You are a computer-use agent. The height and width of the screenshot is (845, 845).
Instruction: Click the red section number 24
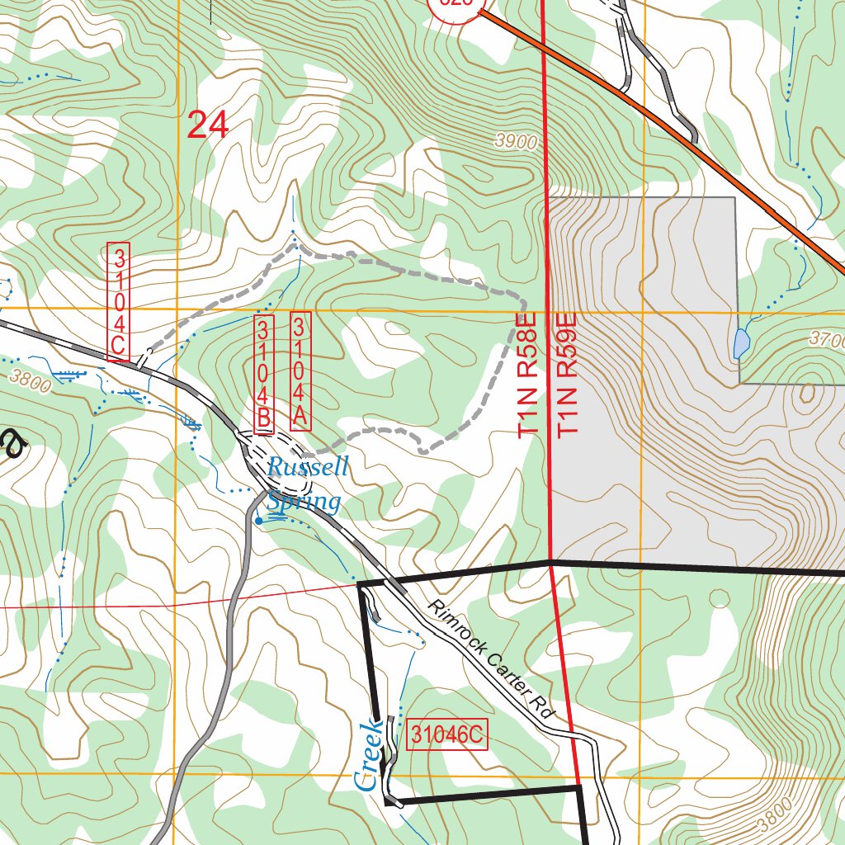coord(207,125)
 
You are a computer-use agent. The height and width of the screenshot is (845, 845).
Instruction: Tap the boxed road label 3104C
coord(119,302)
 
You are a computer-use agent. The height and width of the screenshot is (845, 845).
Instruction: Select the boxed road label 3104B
coord(263,375)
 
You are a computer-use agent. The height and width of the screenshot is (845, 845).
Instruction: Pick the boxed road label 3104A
coord(299,371)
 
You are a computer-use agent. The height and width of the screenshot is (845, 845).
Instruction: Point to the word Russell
coord(308,468)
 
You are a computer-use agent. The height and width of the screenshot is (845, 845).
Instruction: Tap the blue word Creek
coord(368,755)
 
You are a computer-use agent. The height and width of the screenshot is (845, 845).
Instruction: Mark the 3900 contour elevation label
coord(516,142)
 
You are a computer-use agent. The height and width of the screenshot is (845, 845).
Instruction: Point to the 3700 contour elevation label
coord(826,339)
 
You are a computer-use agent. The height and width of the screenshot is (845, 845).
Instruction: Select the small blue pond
coord(741,342)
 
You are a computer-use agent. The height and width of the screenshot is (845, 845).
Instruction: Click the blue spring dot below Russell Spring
coord(258,521)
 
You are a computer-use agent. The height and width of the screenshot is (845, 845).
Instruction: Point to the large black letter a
coord(12,446)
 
